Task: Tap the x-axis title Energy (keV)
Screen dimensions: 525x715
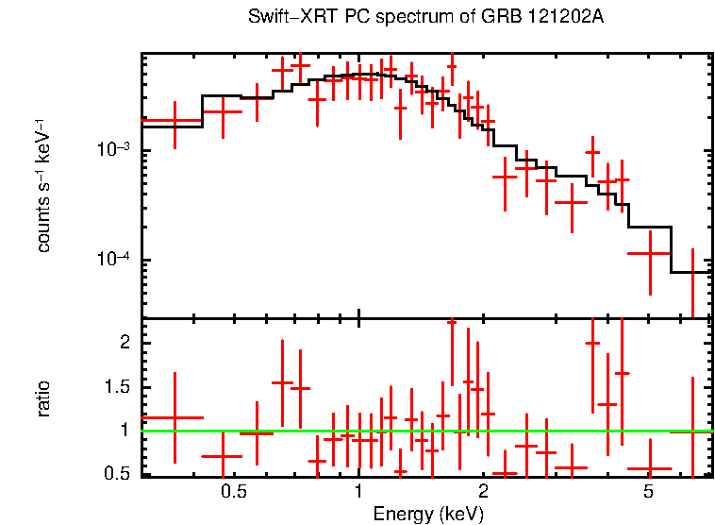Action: [x=428, y=514]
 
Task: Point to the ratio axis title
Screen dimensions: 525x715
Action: [x=42, y=399]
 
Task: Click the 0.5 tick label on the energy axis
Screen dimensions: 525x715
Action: [x=233, y=492]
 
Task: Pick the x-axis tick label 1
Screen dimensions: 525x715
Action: [x=358, y=492]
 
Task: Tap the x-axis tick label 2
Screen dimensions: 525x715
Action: [x=483, y=492]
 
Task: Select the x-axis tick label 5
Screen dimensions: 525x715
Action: [x=648, y=492]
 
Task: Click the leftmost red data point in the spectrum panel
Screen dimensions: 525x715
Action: [x=175, y=121]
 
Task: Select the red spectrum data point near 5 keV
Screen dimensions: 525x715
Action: [x=649, y=253]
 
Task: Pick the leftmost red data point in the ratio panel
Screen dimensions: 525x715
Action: [x=175, y=417]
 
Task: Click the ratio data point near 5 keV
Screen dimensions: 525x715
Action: [x=649, y=468]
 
